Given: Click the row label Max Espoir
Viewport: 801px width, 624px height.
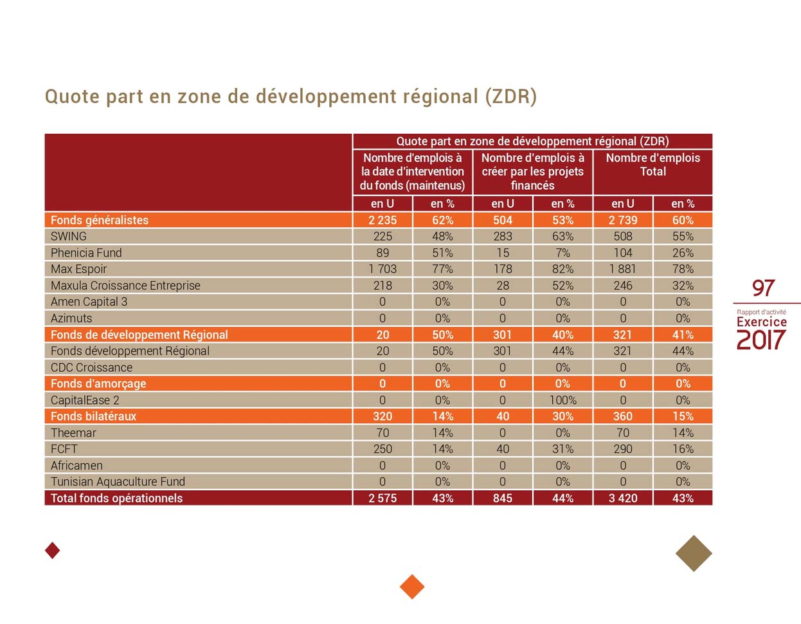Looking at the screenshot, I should [78, 269].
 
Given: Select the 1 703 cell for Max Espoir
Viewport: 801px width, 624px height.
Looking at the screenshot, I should [382, 269].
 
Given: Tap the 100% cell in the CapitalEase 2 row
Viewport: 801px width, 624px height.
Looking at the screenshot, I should [562, 400].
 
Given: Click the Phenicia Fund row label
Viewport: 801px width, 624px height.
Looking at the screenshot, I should [86, 253].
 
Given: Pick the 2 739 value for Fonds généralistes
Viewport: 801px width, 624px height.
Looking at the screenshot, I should [622, 220].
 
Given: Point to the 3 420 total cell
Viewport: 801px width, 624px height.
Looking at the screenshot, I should [622, 499].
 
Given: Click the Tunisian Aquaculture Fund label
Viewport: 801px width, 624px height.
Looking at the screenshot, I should [118, 482].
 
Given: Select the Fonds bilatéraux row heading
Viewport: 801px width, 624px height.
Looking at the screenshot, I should [94, 416].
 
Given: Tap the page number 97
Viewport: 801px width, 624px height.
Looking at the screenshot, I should [763, 288].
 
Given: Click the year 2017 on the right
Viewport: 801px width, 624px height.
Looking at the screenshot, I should [761, 340].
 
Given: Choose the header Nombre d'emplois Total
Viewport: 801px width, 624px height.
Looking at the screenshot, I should [652, 165].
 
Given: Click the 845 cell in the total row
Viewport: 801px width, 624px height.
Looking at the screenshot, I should [502, 499].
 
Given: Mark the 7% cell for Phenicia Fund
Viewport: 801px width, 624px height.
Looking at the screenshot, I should [562, 253].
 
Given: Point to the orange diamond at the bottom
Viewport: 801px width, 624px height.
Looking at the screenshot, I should [412, 586].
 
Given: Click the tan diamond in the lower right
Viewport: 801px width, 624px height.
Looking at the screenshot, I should [694, 553].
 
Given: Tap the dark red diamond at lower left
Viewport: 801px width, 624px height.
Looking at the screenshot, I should [53, 550].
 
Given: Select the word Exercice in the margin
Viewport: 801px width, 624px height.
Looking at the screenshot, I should [761, 322].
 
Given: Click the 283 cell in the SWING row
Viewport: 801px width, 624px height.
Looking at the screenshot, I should [502, 236].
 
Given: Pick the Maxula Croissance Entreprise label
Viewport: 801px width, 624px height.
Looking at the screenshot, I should [125, 286].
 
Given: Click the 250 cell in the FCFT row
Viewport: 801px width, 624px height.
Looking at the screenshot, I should [382, 449].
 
